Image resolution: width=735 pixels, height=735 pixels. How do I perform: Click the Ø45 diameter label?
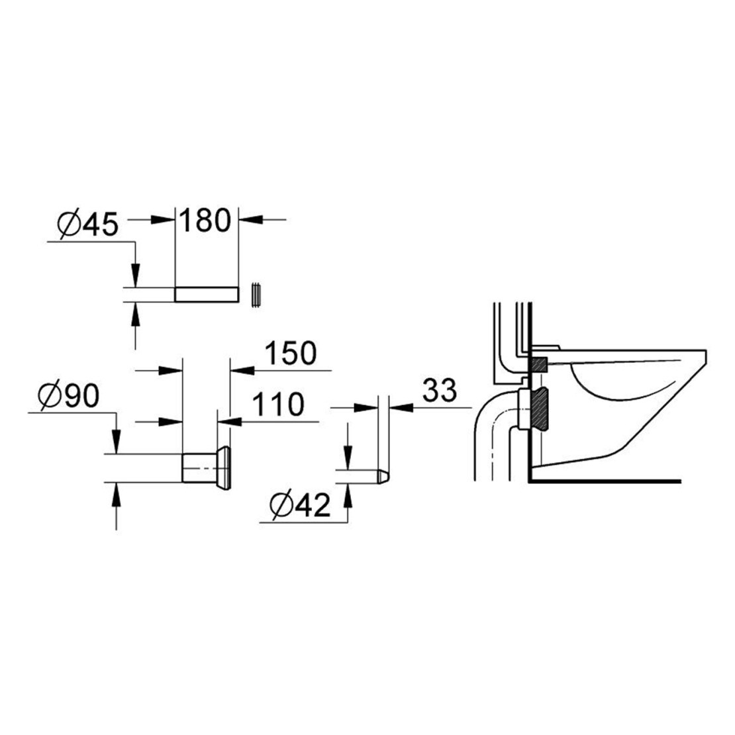point(87,224)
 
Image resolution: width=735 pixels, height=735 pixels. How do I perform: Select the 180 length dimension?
point(205,220)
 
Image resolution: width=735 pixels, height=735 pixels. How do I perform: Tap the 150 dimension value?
point(291,353)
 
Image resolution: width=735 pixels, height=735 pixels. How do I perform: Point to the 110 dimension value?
point(278,405)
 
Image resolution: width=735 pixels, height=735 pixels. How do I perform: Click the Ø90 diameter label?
point(69,395)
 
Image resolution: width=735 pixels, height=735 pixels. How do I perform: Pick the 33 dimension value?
point(439,391)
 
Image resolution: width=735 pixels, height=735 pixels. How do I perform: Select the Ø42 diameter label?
point(301,505)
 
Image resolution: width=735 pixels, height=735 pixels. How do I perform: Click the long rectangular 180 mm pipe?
point(207,295)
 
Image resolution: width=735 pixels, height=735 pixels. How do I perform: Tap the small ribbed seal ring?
point(256,296)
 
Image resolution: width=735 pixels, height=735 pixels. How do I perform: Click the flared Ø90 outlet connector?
point(206,467)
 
